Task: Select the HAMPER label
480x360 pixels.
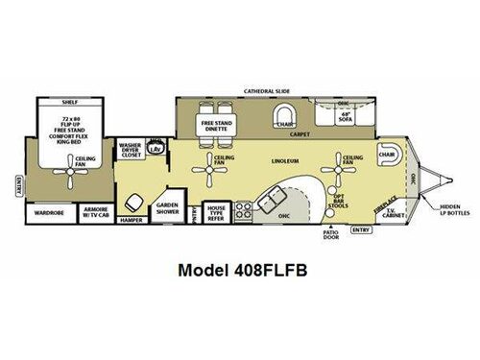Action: pyautogui.click(x=132, y=219)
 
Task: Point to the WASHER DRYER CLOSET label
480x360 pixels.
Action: pyautogui.click(x=130, y=151)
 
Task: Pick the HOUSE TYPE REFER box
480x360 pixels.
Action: pyautogui.click(x=216, y=213)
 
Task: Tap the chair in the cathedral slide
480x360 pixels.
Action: pyautogui.click(x=284, y=119)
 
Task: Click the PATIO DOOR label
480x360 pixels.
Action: pyautogui.click(x=332, y=234)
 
